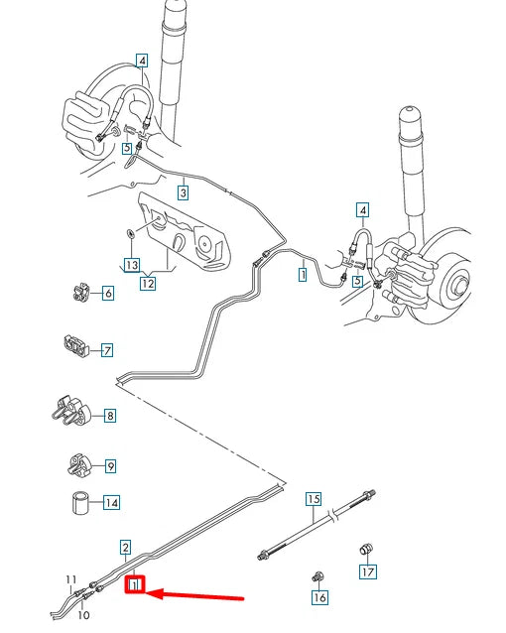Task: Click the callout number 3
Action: tap(184, 191)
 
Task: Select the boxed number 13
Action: tap(131, 266)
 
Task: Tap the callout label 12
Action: tap(149, 284)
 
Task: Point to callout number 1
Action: tap(302, 275)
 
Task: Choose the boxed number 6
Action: tap(106, 293)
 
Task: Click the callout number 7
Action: tap(106, 349)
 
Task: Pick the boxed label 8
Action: tap(109, 417)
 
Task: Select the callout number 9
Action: tap(110, 465)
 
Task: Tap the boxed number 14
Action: tap(111, 503)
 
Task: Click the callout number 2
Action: tap(125, 547)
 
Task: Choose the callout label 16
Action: tap(318, 597)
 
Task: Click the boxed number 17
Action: tap(367, 571)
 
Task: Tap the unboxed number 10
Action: tap(81, 615)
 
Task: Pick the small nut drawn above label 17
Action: tap(364, 549)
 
